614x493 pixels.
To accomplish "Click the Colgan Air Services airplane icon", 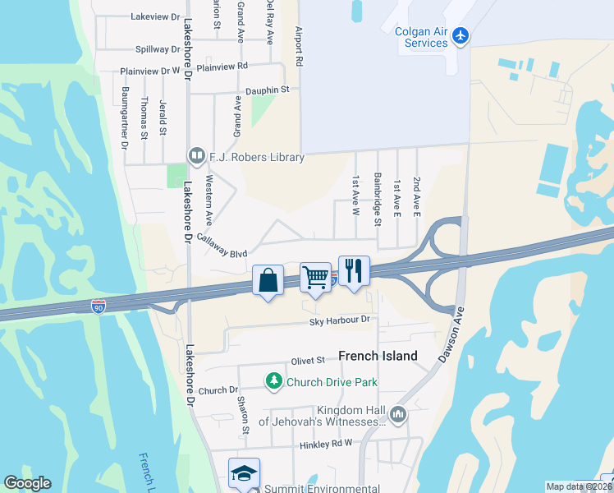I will point(460,37).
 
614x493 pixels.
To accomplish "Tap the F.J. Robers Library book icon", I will point(197,155).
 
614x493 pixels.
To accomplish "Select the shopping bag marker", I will point(268,281).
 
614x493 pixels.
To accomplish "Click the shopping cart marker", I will point(316,278).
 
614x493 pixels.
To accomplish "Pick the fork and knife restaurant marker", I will point(354,271).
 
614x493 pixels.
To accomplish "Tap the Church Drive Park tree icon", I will point(274,381).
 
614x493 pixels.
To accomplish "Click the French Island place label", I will point(378,356).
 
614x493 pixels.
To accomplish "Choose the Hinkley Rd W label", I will point(326,442).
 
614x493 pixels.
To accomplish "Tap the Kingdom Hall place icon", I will point(399,415).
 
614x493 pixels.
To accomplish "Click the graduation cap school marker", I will point(244,474).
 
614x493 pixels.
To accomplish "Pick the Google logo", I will point(27,483).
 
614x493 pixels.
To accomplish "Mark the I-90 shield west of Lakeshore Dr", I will point(99,306).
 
